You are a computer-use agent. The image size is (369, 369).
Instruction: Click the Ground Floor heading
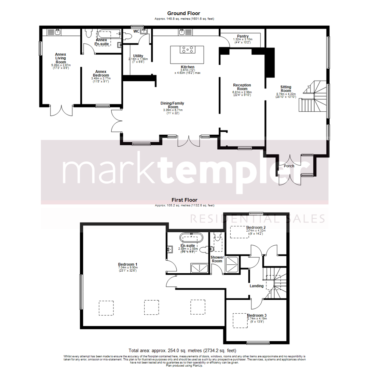pos(184,13)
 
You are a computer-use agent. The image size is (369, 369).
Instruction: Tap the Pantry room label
pos(243,36)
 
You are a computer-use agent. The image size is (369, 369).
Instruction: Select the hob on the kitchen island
pos(187,50)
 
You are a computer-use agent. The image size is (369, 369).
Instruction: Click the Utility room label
pos(138,56)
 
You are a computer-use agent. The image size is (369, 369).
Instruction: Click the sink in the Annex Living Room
pos(57,32)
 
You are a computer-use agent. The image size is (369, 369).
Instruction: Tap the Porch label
pos(289,166)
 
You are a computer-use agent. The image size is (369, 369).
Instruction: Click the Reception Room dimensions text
pos(242,94)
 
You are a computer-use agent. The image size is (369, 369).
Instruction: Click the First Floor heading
pos(184,200)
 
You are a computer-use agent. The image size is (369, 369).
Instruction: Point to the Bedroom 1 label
pos(127,264)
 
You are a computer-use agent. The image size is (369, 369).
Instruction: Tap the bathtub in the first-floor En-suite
pos(191,237)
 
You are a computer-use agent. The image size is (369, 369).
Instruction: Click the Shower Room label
pos(217,259)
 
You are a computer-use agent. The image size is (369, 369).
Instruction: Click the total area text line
pos(182,351)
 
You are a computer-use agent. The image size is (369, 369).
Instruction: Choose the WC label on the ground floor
pos(136,31)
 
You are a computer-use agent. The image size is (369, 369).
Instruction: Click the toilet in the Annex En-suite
pos(89,33)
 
